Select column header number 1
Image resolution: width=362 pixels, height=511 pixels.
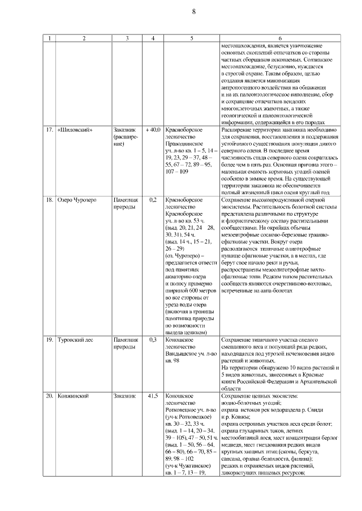tap(50, 38)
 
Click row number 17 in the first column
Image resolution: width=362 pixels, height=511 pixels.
tap(50, 130)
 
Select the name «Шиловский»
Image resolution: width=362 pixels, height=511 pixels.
tap(75, 130)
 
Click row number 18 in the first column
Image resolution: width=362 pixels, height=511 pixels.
tap(50, 200)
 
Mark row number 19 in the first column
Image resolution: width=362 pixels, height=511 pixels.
tap(50, 340)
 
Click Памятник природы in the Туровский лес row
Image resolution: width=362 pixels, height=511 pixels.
tap(126, 343)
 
